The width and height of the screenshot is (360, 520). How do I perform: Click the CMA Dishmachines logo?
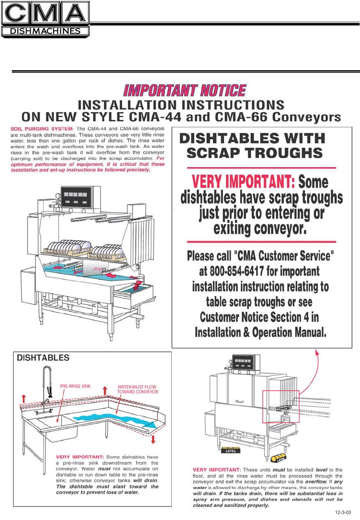tap(45, 19)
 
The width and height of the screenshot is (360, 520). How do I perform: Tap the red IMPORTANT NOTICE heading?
tap(185, 91)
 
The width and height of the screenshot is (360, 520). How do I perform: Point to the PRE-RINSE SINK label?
tap(75, 386)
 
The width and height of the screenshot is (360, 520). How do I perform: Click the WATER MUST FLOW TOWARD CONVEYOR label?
tap(137, 389)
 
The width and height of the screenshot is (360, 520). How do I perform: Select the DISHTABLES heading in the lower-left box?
tap(43, 358)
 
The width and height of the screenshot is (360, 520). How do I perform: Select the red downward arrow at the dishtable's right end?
tap(153, 440)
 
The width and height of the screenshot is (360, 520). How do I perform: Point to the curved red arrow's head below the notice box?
tap(316, 351)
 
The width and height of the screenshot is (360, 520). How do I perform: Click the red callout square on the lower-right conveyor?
tap(281, 406)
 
